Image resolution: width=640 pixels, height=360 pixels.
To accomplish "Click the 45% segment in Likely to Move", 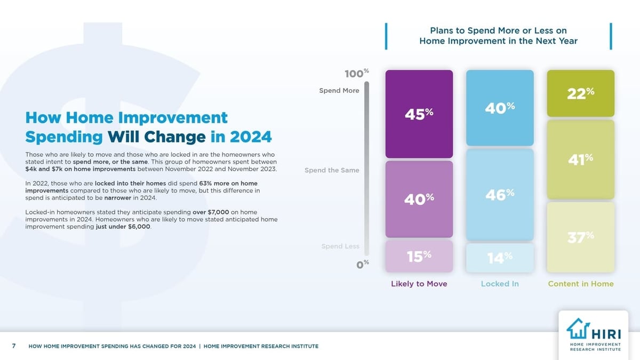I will (x=419, y=114).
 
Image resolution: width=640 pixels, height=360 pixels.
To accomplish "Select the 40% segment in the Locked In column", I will (x=500, y=108).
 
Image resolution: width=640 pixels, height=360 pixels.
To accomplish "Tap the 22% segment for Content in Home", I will (x=580, y=93).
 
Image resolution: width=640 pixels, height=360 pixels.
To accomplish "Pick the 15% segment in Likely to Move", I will (x=419, y=257).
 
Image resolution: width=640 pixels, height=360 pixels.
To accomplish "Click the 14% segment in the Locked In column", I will (x=500, y=258).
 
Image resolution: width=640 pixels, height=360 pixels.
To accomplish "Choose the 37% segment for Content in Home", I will (x=580, y=237).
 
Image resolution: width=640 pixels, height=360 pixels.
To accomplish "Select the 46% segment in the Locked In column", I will (x=500, y=195).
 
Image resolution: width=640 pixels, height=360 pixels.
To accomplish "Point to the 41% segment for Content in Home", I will (x=580, y=159).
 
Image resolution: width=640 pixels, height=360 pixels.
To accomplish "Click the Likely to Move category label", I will (x=419, y=284).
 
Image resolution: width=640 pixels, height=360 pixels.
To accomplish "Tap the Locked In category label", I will (x=500, y=284).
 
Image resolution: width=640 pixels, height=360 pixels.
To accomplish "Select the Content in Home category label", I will (x=580, y=284).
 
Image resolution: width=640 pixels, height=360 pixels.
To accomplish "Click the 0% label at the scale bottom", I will (x=363, y=265).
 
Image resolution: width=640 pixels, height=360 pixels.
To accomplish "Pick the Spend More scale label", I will (x=339, y=91).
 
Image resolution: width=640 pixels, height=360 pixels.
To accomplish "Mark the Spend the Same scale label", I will (x=332, y=170).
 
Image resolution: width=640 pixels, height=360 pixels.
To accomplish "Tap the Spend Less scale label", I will (x=340, y=246).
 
